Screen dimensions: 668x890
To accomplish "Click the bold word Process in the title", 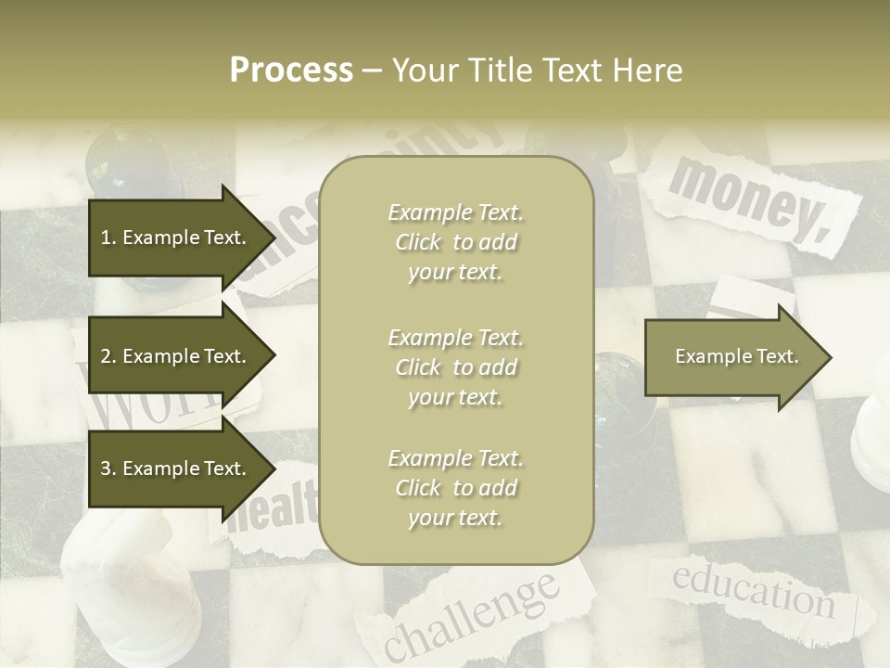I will click(291, 71).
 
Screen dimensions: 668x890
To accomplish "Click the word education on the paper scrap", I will click(752, 590).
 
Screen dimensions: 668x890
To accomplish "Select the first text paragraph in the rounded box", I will click(455, 242).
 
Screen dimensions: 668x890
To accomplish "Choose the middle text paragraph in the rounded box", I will click(455, 367).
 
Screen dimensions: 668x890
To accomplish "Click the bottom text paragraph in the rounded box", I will click(455, 488).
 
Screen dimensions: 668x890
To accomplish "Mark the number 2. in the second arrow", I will click(108, 356).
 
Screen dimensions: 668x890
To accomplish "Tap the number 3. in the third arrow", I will click(108, 469).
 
